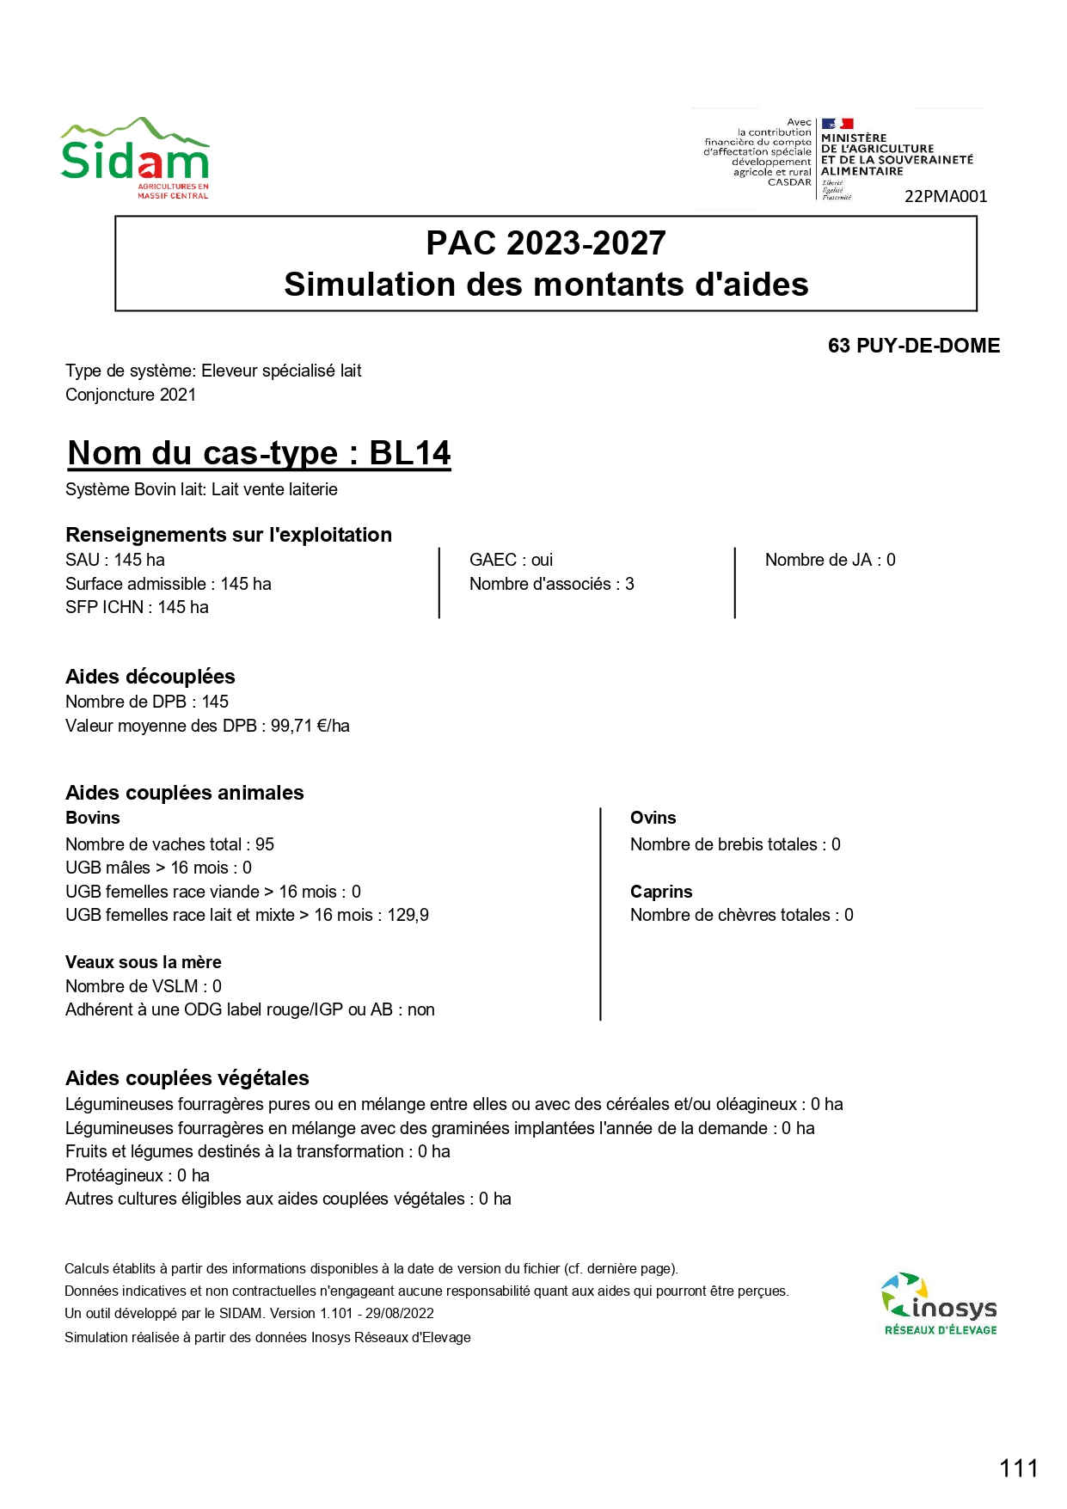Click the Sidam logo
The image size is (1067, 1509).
[x=135, y=159]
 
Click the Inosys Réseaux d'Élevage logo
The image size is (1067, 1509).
[x=940, y=1304]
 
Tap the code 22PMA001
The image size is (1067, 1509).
[x=946, y=197]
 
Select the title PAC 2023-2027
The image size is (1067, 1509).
[x=546, y=243]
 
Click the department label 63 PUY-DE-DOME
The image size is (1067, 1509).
[x=913, y=346]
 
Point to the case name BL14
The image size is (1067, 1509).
[x=410, y=453]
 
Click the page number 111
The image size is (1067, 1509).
[x=1019, y=1468]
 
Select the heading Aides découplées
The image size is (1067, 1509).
[x=150, y=677]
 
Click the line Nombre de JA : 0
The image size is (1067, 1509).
[x=830, y=560]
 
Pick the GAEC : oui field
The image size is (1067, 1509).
[x=511, y=560]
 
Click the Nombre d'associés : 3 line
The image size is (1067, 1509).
[x=551, y=584]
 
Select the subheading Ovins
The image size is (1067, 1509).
[x=653, y=818]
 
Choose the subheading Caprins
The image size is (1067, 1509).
[x=661, y=892]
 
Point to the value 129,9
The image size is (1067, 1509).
[x=408, y=915]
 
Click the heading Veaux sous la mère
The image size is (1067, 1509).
[x=144, y=962]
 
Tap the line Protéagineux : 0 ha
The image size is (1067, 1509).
[x=138, y=1175]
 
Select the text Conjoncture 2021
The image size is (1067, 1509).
[x=131, y=395]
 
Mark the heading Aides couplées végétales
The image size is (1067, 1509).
[x=187, y=1078]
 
